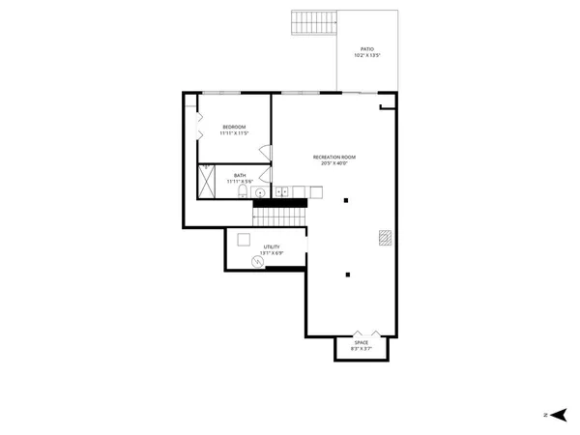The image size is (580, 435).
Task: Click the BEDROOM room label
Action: (234, 127)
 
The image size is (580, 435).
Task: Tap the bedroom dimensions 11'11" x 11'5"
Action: (234, 132)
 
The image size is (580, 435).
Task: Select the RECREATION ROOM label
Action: (334, 157)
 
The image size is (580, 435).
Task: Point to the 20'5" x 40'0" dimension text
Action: (334, 162)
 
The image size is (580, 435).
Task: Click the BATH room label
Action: (239, 175)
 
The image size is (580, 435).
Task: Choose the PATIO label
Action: (367, 48)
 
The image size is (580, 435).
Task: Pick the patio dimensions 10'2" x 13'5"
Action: (367, 55)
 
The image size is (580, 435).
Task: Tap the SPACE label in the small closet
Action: (361, 342)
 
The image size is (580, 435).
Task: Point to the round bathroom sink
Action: (260, 193)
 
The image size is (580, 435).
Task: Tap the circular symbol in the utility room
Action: (258, 261)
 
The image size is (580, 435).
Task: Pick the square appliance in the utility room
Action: (244, 240)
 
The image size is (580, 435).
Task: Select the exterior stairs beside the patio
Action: (313, 22)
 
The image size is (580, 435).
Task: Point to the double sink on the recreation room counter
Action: (282, 193)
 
